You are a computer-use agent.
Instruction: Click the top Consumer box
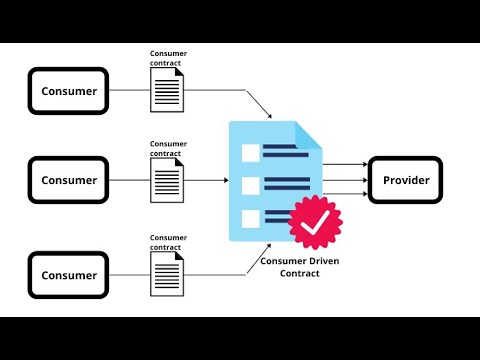(x=68, y=91)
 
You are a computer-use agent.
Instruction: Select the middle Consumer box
(x=68, y=180)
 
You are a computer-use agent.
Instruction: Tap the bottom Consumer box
(x=68, y=275)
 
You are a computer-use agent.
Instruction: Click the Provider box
(x=405, y=180)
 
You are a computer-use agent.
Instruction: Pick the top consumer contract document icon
(x=167, y=90)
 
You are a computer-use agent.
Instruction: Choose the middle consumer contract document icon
(x=167, y=180)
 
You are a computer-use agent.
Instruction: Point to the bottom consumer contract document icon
(x=167, y=274)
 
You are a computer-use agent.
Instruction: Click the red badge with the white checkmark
(x=315, y=222)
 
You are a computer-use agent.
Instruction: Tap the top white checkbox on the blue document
(x=251, y=153)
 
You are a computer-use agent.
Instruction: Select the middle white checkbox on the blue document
(x=251, y=186)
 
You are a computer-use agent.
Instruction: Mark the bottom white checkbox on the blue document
(x=251, y=219)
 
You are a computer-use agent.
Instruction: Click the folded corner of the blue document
(x=308, y=135)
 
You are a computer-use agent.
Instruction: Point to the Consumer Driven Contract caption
(x=300, y=267)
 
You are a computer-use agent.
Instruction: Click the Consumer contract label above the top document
(x=168, y=58)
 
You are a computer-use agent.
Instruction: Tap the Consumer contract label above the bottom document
(x=168, y=242)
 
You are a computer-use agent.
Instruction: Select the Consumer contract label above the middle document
(x=168, y=148)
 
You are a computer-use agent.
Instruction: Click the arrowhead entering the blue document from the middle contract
(x=226, y=180)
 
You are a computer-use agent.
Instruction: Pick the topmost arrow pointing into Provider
(x=345, y=164)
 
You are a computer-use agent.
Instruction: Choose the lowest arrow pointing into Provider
(x=345, y=194)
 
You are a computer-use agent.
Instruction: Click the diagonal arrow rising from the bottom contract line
(x=259, y=259)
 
